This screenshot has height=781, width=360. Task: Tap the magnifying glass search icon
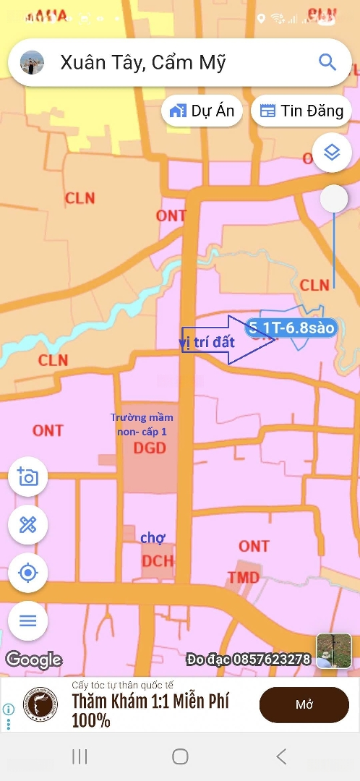(x=327, y=62)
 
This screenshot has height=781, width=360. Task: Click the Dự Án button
(x=202, y=111)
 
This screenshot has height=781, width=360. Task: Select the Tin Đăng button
(x=301, y=111)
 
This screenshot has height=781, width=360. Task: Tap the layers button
(x=332, y=153)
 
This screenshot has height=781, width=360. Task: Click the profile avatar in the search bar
(x=32, y=63)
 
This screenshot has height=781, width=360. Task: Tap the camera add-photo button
(x=27, y=477)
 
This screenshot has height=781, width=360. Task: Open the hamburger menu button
(x=27, y=620)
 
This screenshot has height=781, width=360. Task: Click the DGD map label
(x=150, y=448)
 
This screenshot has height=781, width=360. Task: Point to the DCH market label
(x=157, y=562)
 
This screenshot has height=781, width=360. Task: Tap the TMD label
(x=243, y=577)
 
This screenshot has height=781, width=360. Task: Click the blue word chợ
(x=153, y=537)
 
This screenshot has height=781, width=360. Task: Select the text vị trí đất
(x=207, y=342)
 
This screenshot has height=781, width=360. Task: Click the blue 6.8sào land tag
(x=291, y=328)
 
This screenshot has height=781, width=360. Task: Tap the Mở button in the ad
(x=304, y=705)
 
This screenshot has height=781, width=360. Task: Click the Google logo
(x=34, y=660)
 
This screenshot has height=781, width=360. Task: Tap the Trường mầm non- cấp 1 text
(x=142, y=424)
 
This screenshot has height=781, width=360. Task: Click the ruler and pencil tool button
(x=27, y=524)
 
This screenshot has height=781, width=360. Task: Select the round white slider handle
(x=334, y=199)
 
